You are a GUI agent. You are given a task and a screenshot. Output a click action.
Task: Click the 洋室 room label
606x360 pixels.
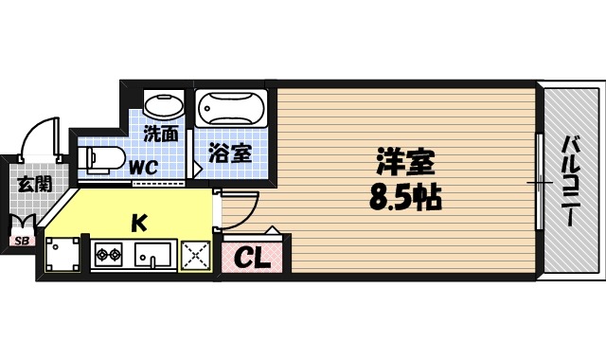tap(407, 163)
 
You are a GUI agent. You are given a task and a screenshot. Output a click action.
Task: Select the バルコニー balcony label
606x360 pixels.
tap(571, 180)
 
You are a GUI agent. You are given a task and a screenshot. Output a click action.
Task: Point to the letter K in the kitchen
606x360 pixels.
tap(137, 224)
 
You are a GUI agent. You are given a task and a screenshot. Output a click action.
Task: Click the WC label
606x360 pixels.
tap(144, 167)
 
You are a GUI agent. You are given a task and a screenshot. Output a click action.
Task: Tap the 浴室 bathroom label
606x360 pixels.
tap(230, 151)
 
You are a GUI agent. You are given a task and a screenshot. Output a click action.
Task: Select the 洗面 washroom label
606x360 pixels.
tap(160, 134)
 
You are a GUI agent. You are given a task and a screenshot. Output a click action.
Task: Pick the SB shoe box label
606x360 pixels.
tap(20, 241)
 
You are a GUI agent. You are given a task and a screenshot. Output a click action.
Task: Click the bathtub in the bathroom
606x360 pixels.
tap(232, 110)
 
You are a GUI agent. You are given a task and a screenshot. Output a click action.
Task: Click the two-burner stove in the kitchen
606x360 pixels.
tap(108, 254)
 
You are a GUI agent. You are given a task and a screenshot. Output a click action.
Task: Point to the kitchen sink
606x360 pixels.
tap(151, 255)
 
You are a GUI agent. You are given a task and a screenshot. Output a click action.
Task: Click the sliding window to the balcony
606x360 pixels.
tap(539, 180)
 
